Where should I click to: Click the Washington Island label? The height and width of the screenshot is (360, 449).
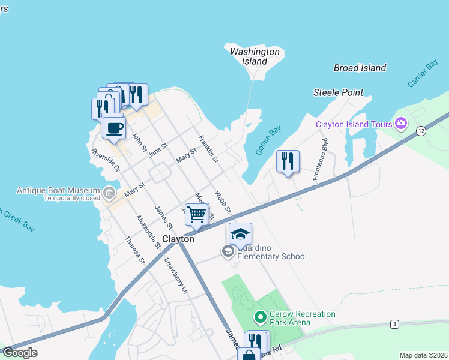[x=255, y=56]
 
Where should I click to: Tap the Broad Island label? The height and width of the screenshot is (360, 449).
[x=360, y=68]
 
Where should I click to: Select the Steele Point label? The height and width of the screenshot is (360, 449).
[x=338, y=92]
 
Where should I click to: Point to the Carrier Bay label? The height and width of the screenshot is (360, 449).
[x=423, y=74]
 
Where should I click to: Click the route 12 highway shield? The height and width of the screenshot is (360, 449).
[x=421, y=130]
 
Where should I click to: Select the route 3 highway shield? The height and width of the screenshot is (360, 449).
[x=394, y=324]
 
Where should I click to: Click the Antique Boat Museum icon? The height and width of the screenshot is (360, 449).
[x=109, y=193]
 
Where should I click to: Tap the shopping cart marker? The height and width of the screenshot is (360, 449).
[x=197, y=215]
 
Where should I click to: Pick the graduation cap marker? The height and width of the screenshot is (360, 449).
[x=240, y=234]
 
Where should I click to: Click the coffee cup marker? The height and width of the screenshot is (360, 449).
[x=115, y=128]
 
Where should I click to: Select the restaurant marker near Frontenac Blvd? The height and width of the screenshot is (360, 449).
[x=288, y=161]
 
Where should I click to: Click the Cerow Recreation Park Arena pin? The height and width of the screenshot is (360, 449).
[x=260, y=316]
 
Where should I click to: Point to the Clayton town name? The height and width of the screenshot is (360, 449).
[x=178, y=239]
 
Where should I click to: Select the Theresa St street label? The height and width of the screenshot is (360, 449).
[x=134, y=250]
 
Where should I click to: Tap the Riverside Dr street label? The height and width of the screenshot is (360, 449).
[x=106, y=160]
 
